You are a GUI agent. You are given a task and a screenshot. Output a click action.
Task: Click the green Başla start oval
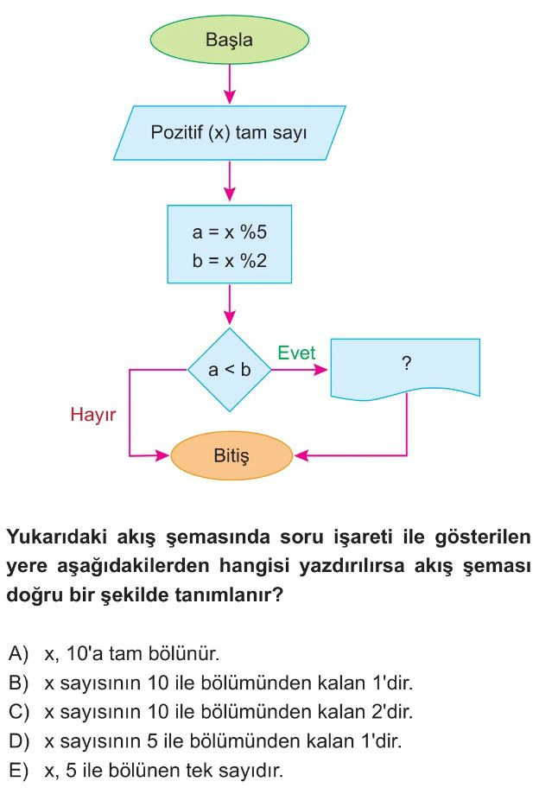point(230,40)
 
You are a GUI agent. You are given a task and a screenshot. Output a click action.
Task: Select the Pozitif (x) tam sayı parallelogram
point(230,133)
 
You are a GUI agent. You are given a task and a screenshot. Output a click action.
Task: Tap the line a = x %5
point(230,232)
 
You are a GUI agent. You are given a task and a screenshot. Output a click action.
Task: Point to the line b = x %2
point(230,261)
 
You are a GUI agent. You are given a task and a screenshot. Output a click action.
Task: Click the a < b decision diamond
point(230,370)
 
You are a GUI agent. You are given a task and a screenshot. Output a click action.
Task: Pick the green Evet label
point(296,353)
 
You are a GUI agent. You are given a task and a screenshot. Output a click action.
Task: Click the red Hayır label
point(93,415)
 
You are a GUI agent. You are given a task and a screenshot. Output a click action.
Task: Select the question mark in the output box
point(407,363)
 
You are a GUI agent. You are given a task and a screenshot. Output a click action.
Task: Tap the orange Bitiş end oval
point(231,456)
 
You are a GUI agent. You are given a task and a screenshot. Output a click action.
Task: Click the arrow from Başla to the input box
point(230,85)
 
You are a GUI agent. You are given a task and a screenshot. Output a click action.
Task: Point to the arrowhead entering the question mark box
point(320,370)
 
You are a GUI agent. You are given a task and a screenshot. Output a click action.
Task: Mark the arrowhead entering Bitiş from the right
point(301,456)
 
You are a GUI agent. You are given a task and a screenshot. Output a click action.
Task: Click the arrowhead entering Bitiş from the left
point(162,456)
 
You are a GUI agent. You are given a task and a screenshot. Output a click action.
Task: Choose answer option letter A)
point(18,654)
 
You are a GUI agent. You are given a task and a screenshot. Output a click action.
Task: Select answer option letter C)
point(19,712)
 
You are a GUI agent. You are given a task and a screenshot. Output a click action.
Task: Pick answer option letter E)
point(18,771)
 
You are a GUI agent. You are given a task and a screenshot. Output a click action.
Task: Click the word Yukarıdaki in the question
point(57,537)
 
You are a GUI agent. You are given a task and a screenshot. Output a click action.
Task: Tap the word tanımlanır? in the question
point(229,595)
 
